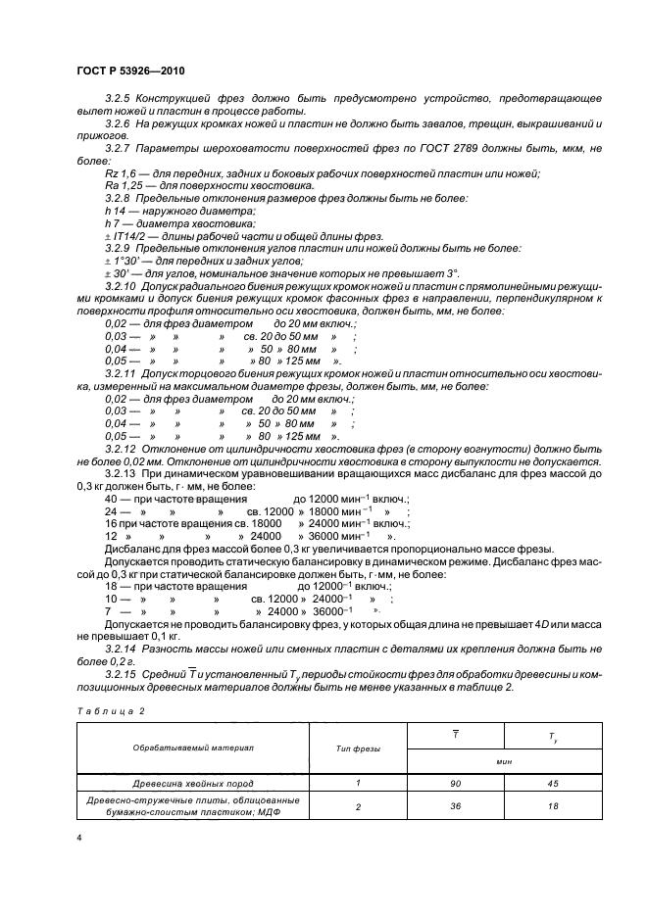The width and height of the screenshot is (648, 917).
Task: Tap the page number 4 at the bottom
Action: tap(77, 840)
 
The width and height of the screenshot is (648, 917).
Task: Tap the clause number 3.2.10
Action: tap(122, 285)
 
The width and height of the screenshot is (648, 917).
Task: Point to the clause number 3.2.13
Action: tap(122, 473)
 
